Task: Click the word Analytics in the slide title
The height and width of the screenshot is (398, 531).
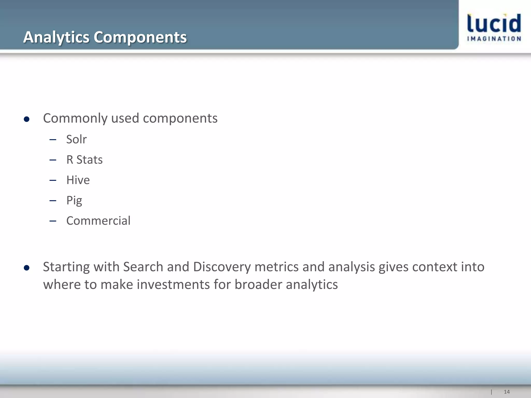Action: [x=56, y=37]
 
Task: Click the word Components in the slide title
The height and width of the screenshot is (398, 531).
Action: [x=140, y=37]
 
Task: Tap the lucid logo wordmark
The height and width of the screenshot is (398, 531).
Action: [x=494, y=23]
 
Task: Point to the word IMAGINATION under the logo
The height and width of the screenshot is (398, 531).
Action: [x=494, y=39]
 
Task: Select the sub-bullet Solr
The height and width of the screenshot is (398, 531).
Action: [x=76, y=139]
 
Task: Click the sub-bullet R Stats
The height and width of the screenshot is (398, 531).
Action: [x=84, y=160]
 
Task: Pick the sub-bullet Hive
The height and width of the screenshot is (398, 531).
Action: [x=78, y=180]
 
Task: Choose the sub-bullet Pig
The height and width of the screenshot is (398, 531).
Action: [x=74, y=201]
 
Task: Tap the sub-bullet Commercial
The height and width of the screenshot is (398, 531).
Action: [x=98, y=221]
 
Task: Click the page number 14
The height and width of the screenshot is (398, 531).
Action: [x=507, y=392]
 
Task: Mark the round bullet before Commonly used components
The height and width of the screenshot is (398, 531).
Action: [x=26, y=119]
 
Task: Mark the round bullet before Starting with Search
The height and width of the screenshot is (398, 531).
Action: [x=26, y=268]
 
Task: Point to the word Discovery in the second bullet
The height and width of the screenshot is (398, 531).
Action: [x=222, y=267]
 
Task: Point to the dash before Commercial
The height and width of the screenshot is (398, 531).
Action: [x=53, y=221]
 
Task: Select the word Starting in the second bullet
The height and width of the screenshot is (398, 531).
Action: [x=66, y=267]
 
